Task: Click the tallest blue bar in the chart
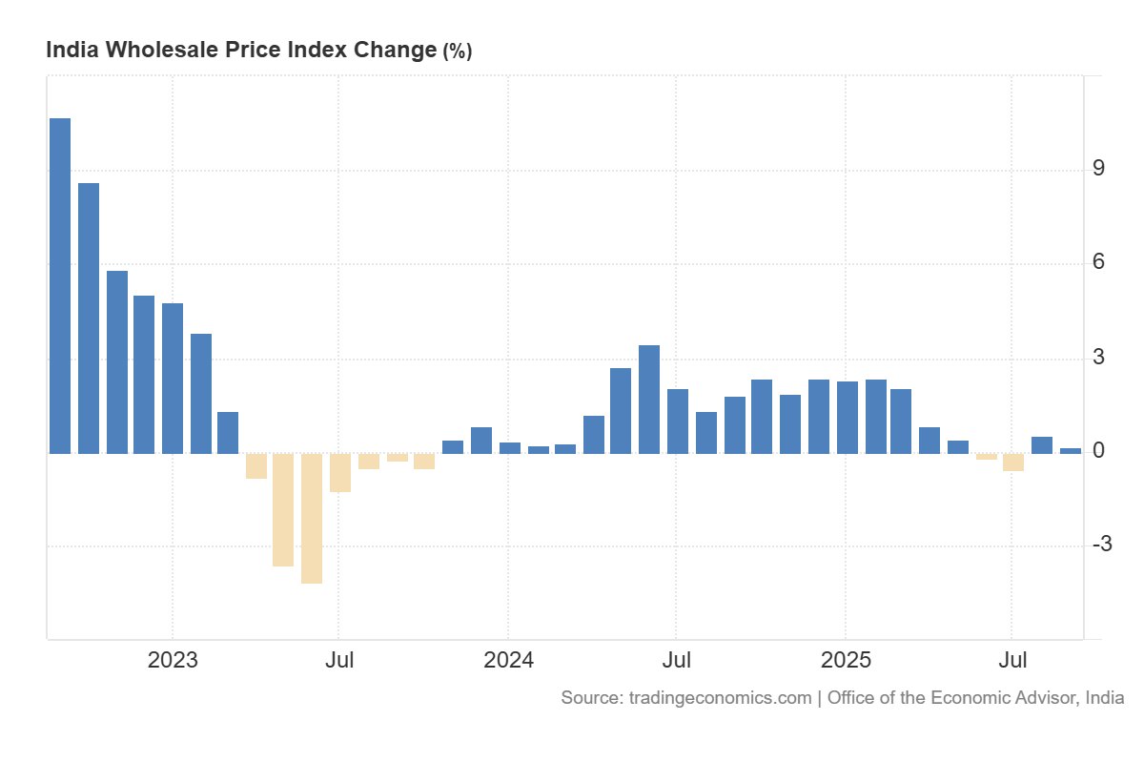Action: pos(60,285)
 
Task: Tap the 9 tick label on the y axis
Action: pos(1098,169)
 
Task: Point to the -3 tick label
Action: pos(1101,545)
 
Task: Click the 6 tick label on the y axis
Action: pos(1098,262)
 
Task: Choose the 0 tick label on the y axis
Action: pos(1098,450)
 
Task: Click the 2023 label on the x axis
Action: pos(173,660)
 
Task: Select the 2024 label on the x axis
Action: pos(508,660)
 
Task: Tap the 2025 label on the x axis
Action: pos(847,660)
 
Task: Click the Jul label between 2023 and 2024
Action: pos(339,660)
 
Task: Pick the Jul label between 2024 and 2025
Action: pos(677,660)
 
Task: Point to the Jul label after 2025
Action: pos(1012,660)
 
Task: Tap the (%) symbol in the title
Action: pos(457,51)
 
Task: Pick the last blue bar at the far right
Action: pos(1071,451)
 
